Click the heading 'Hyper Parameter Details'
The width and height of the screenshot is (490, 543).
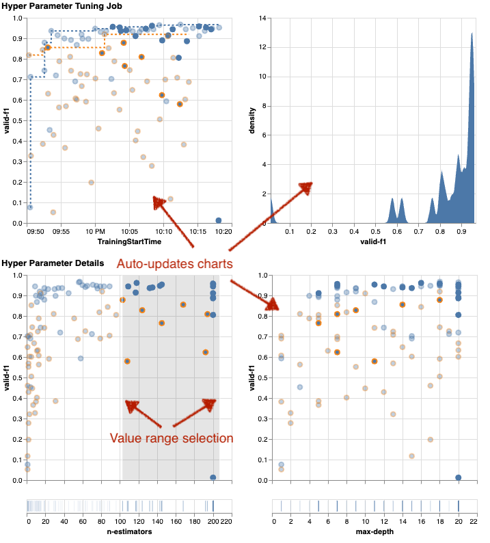click(52, 263)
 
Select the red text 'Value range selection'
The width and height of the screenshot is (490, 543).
click(172, 438)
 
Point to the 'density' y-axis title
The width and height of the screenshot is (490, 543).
click(252, 120)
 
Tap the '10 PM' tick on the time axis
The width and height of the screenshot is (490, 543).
click(95, 233)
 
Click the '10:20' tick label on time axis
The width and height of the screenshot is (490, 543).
click(223, 233)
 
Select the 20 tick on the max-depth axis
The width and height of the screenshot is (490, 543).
click(458, 521)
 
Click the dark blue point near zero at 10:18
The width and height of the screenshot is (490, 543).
click(218, 220)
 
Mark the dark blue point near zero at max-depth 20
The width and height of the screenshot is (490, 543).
click(458, 477)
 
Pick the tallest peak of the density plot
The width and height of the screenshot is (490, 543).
click(472, 34)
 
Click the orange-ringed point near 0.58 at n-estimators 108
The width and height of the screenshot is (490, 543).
click(127, 361)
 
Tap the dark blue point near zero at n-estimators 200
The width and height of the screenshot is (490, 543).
click(213, 477)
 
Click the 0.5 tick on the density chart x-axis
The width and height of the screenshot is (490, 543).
click(375, 233)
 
